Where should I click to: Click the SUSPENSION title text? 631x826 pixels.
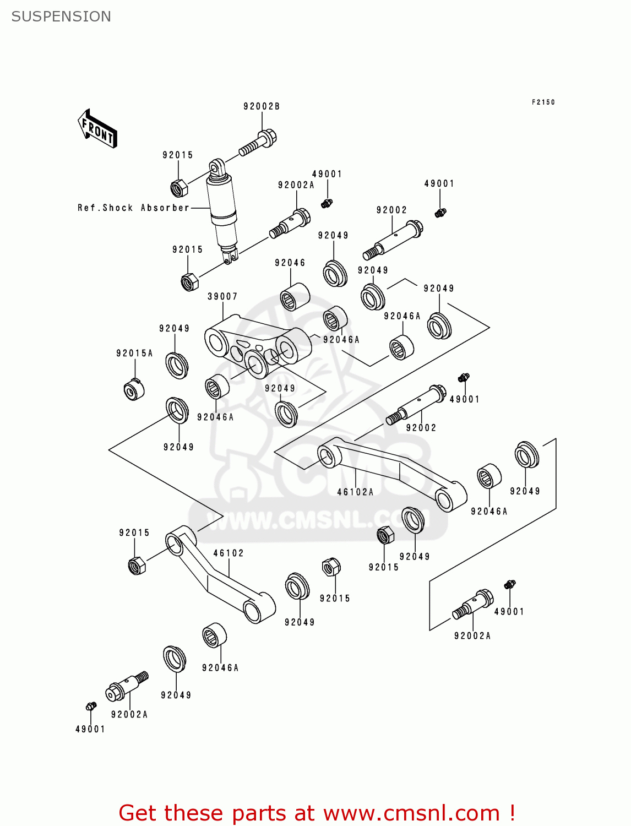pos(61,17)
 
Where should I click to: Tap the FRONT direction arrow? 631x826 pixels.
pos(97,129)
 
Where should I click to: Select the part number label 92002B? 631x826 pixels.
pos(262,106)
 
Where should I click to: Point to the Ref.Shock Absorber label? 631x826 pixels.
pos(133,208)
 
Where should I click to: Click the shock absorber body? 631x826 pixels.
pos(222,209)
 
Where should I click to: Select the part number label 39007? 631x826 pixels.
pos(222,296)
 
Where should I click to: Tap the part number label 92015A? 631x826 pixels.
pos(134,353)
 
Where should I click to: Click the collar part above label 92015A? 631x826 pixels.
pos(134,390)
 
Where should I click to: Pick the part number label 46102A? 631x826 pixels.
pos(355,492)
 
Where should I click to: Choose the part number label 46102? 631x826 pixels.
pos(229,553)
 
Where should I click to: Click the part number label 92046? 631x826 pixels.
pos(290,263)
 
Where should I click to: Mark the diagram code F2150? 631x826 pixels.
pos(543,102)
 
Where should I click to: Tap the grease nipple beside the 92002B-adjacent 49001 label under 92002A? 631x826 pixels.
pos(327,203)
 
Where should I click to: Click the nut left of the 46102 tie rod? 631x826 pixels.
pos(137,565)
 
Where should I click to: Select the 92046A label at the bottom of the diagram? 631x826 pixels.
pos(220,667)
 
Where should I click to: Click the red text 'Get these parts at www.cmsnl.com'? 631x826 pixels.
pos(317,813)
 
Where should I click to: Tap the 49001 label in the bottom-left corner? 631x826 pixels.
pos(90,729)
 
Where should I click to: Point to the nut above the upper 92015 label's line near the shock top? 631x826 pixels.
pos(178,188)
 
